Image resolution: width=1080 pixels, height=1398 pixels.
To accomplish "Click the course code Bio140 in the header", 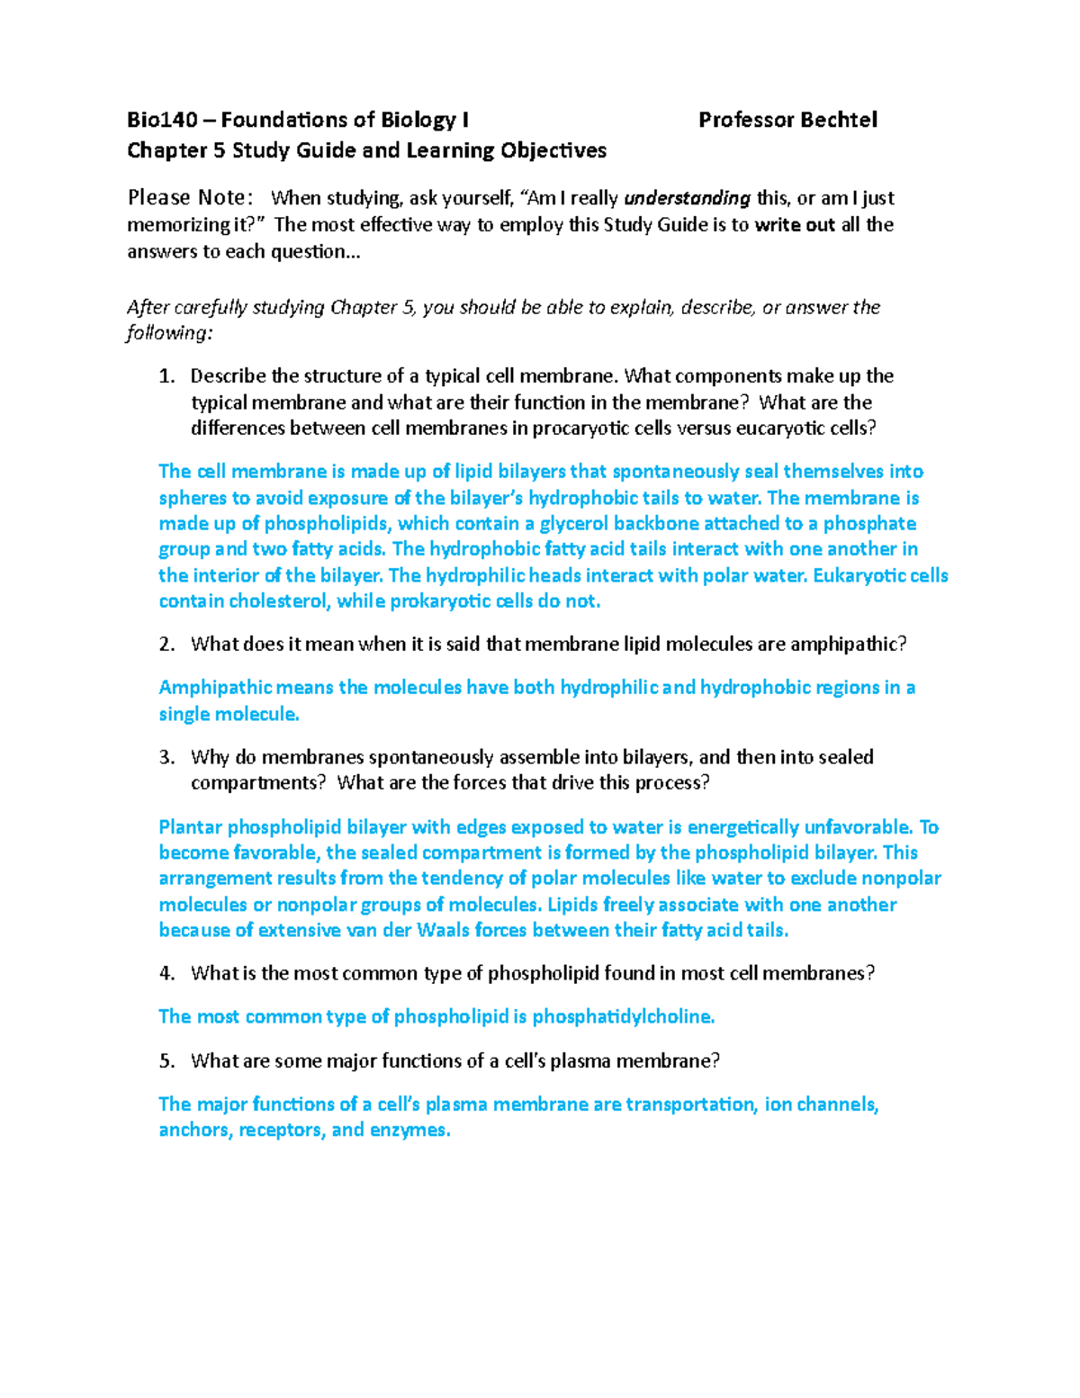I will coord(162,120).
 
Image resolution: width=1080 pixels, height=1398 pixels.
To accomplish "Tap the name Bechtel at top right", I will coord(839,120).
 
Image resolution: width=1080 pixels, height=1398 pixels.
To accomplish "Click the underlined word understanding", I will coord(687,198).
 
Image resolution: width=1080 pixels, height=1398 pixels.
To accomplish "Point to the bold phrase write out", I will coord(795,225).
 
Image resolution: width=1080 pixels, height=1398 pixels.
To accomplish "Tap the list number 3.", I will coord(166,758).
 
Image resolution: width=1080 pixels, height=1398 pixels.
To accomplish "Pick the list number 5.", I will coord(166,1061).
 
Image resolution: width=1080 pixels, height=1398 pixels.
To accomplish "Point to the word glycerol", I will coord(574,524).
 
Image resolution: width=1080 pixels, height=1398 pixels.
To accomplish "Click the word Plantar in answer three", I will coord(190,827).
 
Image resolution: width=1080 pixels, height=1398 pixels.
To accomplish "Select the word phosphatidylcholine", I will coord(623,1017).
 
